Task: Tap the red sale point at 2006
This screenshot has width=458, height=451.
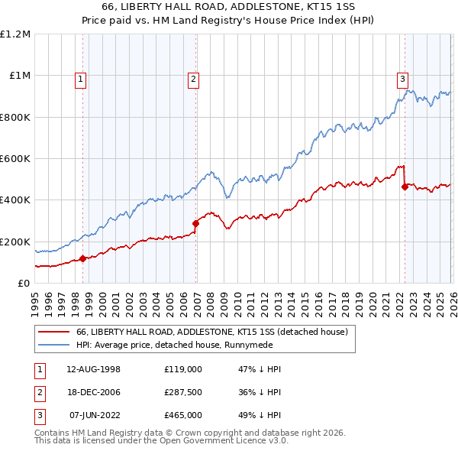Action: click(196, 223)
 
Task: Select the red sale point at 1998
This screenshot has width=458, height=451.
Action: click(82, 258)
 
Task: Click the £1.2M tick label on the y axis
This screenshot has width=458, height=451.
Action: click(15, 34)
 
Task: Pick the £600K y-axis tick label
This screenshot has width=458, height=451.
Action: click(15, 159)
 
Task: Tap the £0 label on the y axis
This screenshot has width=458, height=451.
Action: click(23, 283)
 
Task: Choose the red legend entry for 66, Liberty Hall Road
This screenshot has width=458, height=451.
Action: click(211, 332)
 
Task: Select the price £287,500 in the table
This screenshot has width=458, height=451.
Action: click(183, 392)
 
